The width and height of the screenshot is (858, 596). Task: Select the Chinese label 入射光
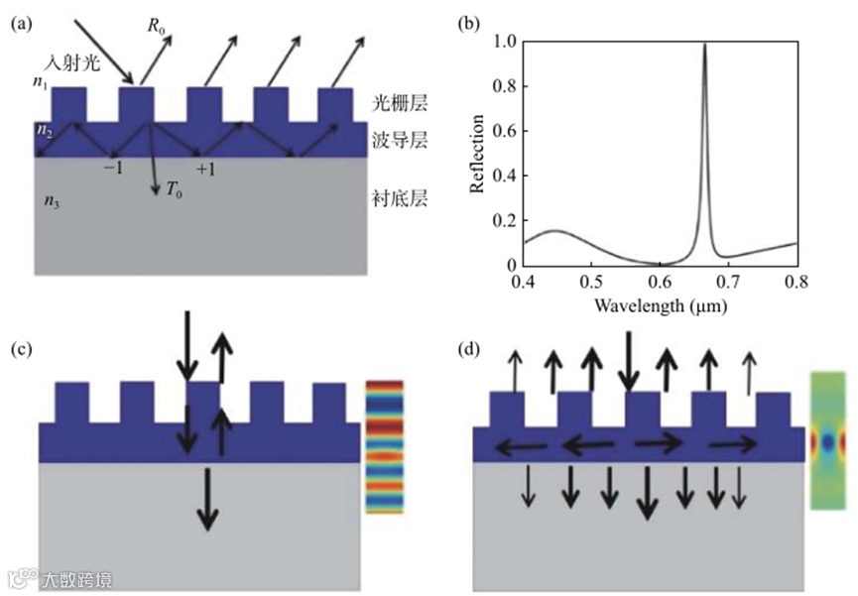pyautogui.click(x=66, y=62)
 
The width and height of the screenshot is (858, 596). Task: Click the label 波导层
pyautogui.click(x=401, y=141)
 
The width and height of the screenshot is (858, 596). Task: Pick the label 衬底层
pyautogui.click(x=401, y=198)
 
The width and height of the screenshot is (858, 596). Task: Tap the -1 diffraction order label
pyautogui.click(x=112, y=169)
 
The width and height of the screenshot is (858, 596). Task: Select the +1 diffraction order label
pyautogui.click(x=205, y=170)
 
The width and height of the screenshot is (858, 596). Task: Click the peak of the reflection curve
pyautogui.click(x=704, y=45)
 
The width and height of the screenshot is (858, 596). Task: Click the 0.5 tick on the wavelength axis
pyautogui.click(x=590, y=282)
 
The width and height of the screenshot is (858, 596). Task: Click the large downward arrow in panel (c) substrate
pyautogui.click(x=206, y=498)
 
